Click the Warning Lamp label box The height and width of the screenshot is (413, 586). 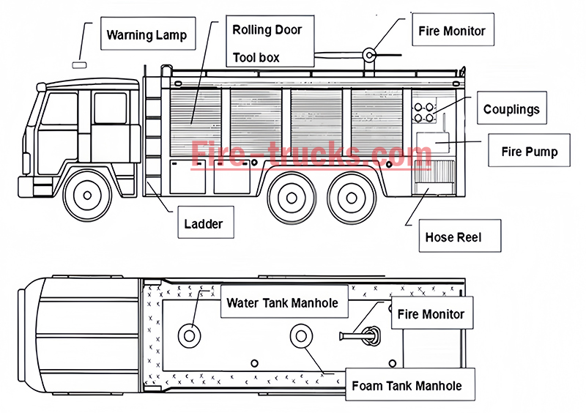146,34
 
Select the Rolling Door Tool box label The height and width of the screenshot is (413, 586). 267,43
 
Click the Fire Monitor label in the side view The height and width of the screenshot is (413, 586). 451,31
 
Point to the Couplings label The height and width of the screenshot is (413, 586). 511,109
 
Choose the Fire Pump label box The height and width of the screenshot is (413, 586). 529,152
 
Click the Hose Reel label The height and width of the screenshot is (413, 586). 453,237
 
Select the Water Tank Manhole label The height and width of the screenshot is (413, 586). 282,302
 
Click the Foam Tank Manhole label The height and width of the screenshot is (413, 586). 407,385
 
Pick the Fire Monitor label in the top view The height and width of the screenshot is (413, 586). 431,314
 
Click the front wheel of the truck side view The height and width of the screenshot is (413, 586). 88,196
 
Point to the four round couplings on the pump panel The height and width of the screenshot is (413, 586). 423,112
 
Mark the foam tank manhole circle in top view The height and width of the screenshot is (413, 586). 300,336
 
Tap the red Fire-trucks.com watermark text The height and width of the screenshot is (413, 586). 311,155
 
